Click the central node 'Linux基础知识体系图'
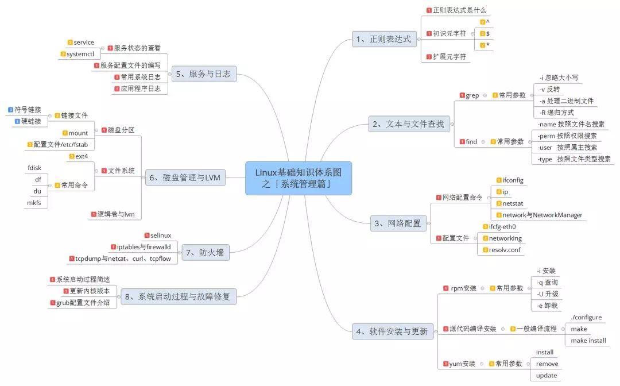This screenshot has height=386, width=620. point(298,178)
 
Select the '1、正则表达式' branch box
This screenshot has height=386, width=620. point(384,39)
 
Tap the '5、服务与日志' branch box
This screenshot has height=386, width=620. point(204,74)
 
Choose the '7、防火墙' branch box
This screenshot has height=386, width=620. point(205,252)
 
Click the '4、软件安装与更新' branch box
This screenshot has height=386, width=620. point(392,331)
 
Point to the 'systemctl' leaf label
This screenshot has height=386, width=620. point(80,54)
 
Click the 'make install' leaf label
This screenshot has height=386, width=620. point(588,341)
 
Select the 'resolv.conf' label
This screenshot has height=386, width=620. point(505,250)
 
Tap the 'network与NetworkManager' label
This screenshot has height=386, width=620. point(542,215)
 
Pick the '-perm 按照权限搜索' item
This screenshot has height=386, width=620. point(567,136)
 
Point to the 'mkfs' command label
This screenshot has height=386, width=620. point(34,203)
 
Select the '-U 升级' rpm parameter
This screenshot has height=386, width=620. point(548,294)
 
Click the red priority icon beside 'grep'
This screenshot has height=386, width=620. point(462,95)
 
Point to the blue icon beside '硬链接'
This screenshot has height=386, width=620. point(17,121)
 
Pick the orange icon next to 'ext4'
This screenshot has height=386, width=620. point(72,156)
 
